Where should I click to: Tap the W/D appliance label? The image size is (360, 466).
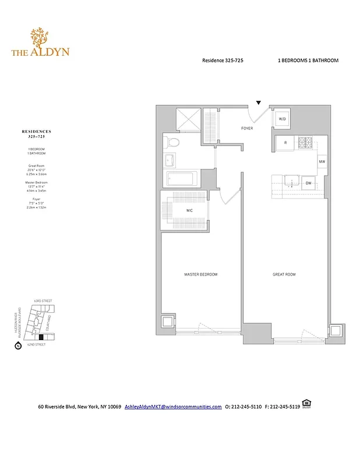(x=283, y=119)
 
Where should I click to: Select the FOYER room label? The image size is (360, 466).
(x=248, y=128)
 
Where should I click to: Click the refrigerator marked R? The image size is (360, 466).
(x=285, y=142)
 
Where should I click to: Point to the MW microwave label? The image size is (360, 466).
(x=322, y=161)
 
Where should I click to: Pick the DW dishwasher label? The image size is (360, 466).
(x=309, y=183)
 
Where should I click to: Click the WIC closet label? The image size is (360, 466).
(x=190, y=210)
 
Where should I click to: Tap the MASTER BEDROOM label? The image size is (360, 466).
(x=201, y=274)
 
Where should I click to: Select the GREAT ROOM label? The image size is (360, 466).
(x=284, y=274)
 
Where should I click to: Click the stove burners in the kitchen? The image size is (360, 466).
(x=305, y=142)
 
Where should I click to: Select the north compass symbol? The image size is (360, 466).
(x=17, y=346)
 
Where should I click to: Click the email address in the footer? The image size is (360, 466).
(x=173, y=407)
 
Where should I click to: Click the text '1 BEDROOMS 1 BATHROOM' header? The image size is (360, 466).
(x=308, y=61)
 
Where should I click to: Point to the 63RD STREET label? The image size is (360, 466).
(x=44, y=301)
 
